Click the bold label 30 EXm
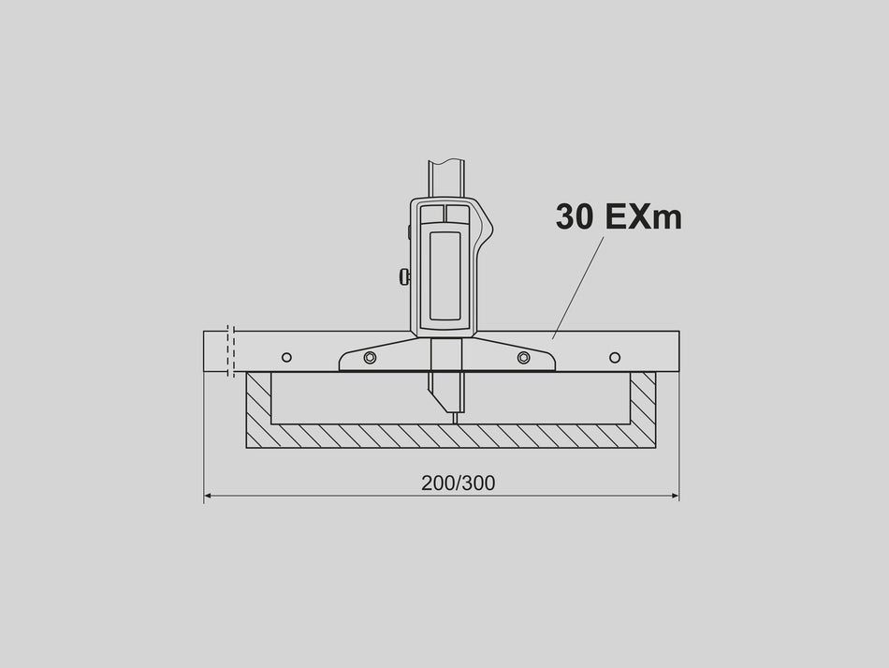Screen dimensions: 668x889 tap(618, 216)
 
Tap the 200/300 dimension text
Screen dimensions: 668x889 tap(458, 483)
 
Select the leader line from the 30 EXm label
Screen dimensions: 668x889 tap(578, 286)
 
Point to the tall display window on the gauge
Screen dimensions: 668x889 tap(444, 275)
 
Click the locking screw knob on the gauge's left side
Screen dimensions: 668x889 tap(404, 276)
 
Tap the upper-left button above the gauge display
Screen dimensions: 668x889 tap(432, 215)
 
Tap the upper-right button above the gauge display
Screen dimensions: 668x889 tap(458, 215)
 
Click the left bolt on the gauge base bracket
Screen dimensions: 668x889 tap(371, 357)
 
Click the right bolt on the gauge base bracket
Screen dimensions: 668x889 tap(523, 357)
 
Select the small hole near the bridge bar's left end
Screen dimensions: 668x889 tap(286, 357)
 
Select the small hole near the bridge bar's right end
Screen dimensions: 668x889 tap(615, 357)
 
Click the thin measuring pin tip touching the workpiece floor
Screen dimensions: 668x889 tap(455, 417)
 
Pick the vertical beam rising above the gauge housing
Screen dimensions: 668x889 tap(445, 178)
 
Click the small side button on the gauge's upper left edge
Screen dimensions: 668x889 tap(409, 230)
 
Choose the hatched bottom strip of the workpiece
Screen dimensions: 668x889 tap(449, 436)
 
